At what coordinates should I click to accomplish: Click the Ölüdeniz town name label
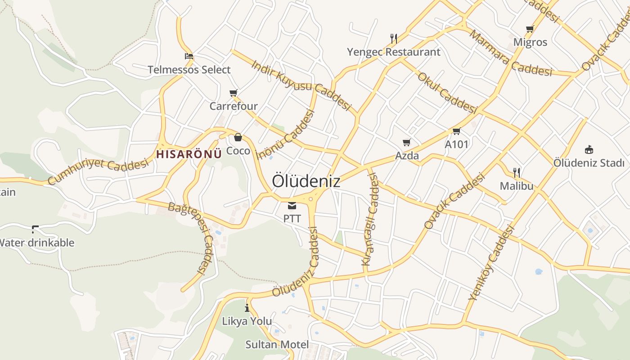click(x=306, y=181)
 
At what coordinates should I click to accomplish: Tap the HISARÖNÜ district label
click(x=189, y=154)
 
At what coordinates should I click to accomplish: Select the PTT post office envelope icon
click(x=292, y=206)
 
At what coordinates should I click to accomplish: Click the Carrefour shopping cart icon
click(x=233, y=93)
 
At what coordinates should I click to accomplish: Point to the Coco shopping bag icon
click(x=238, y=137)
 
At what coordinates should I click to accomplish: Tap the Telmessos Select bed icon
click(x=189, y=57)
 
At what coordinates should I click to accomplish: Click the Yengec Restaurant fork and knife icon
click(x=394, y=39)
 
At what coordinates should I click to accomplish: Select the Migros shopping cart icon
click(x=530, y=29)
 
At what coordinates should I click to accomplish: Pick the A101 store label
click(x=456, y=144)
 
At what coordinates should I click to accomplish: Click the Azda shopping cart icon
click(x=407, y=143)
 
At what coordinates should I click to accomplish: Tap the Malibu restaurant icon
click(x=517, y=172)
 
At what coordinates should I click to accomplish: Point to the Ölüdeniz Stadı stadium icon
click(x=589, y=149)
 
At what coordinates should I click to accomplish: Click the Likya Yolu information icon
click(x=247, y=308)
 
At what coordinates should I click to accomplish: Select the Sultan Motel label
click(x=277, y=345)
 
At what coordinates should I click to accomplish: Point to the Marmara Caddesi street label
click(x=510, y=53)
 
